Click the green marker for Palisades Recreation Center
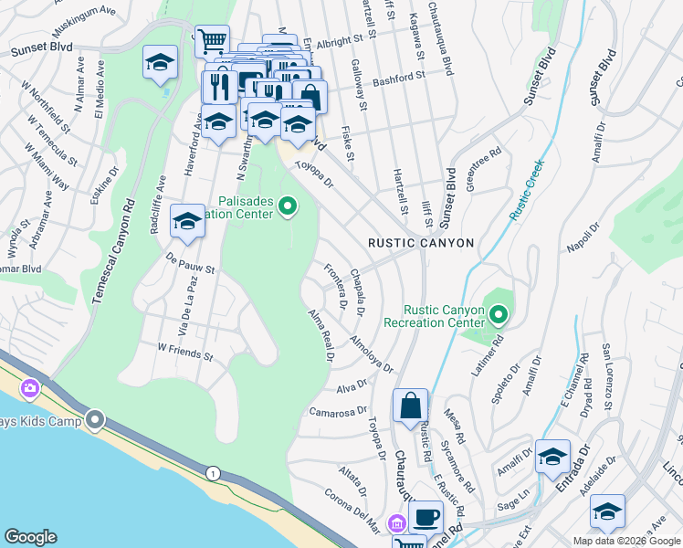pyautogui.click(x=289, y=206)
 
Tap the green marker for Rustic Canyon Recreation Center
pyautogui.click(x=499, y=316)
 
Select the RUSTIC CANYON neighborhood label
pyautogui.click(x=421, y=243)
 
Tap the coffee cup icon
pyautogui.click(x=426, y=517)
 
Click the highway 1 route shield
pyautogui.click(x=213, y=472)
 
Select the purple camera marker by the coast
pyautogui.click(x=30, y=388)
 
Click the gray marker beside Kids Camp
pyautogui.click(x=95, y=420)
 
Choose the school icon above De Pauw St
pyautogui.click(x=187, y=222)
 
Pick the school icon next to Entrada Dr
pyautogui.click(x=552, y=456)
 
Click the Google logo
pyautogui.click(x=31, y=537)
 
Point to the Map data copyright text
pyautogui.click(x=625, y=541)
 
